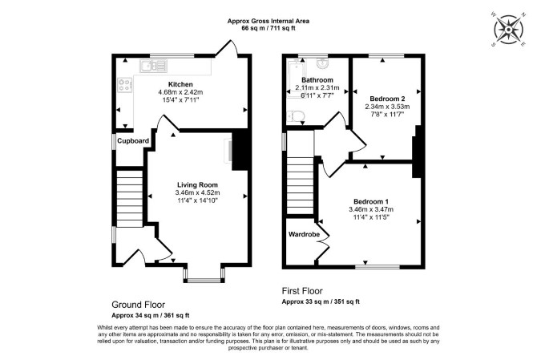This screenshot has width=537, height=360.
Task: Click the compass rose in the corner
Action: [509, 30]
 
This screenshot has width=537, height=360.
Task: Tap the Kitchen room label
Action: [180, 84]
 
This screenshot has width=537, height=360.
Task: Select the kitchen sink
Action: [153, 66]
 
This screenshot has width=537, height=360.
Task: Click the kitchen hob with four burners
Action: [125, 85]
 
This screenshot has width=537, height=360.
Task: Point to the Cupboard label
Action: [133, 141]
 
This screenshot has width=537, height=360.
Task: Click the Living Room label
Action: [197, 185]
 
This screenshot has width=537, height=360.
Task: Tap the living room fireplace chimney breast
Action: [240, 150]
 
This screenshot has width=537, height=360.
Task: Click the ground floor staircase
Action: [130, 199]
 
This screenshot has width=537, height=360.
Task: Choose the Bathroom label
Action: [317, 80]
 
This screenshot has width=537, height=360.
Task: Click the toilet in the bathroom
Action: [295, 116]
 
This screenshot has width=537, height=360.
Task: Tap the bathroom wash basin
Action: [322, 63]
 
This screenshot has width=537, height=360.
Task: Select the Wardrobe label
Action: [304, 235]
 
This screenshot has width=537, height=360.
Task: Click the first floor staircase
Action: [301, 188]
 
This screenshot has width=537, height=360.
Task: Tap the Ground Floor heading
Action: [139, 305]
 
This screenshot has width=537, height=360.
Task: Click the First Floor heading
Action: [302, 291]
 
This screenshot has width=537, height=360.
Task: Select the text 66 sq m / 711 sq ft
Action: [268, 28]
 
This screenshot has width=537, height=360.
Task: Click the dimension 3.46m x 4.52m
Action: [197, 193]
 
